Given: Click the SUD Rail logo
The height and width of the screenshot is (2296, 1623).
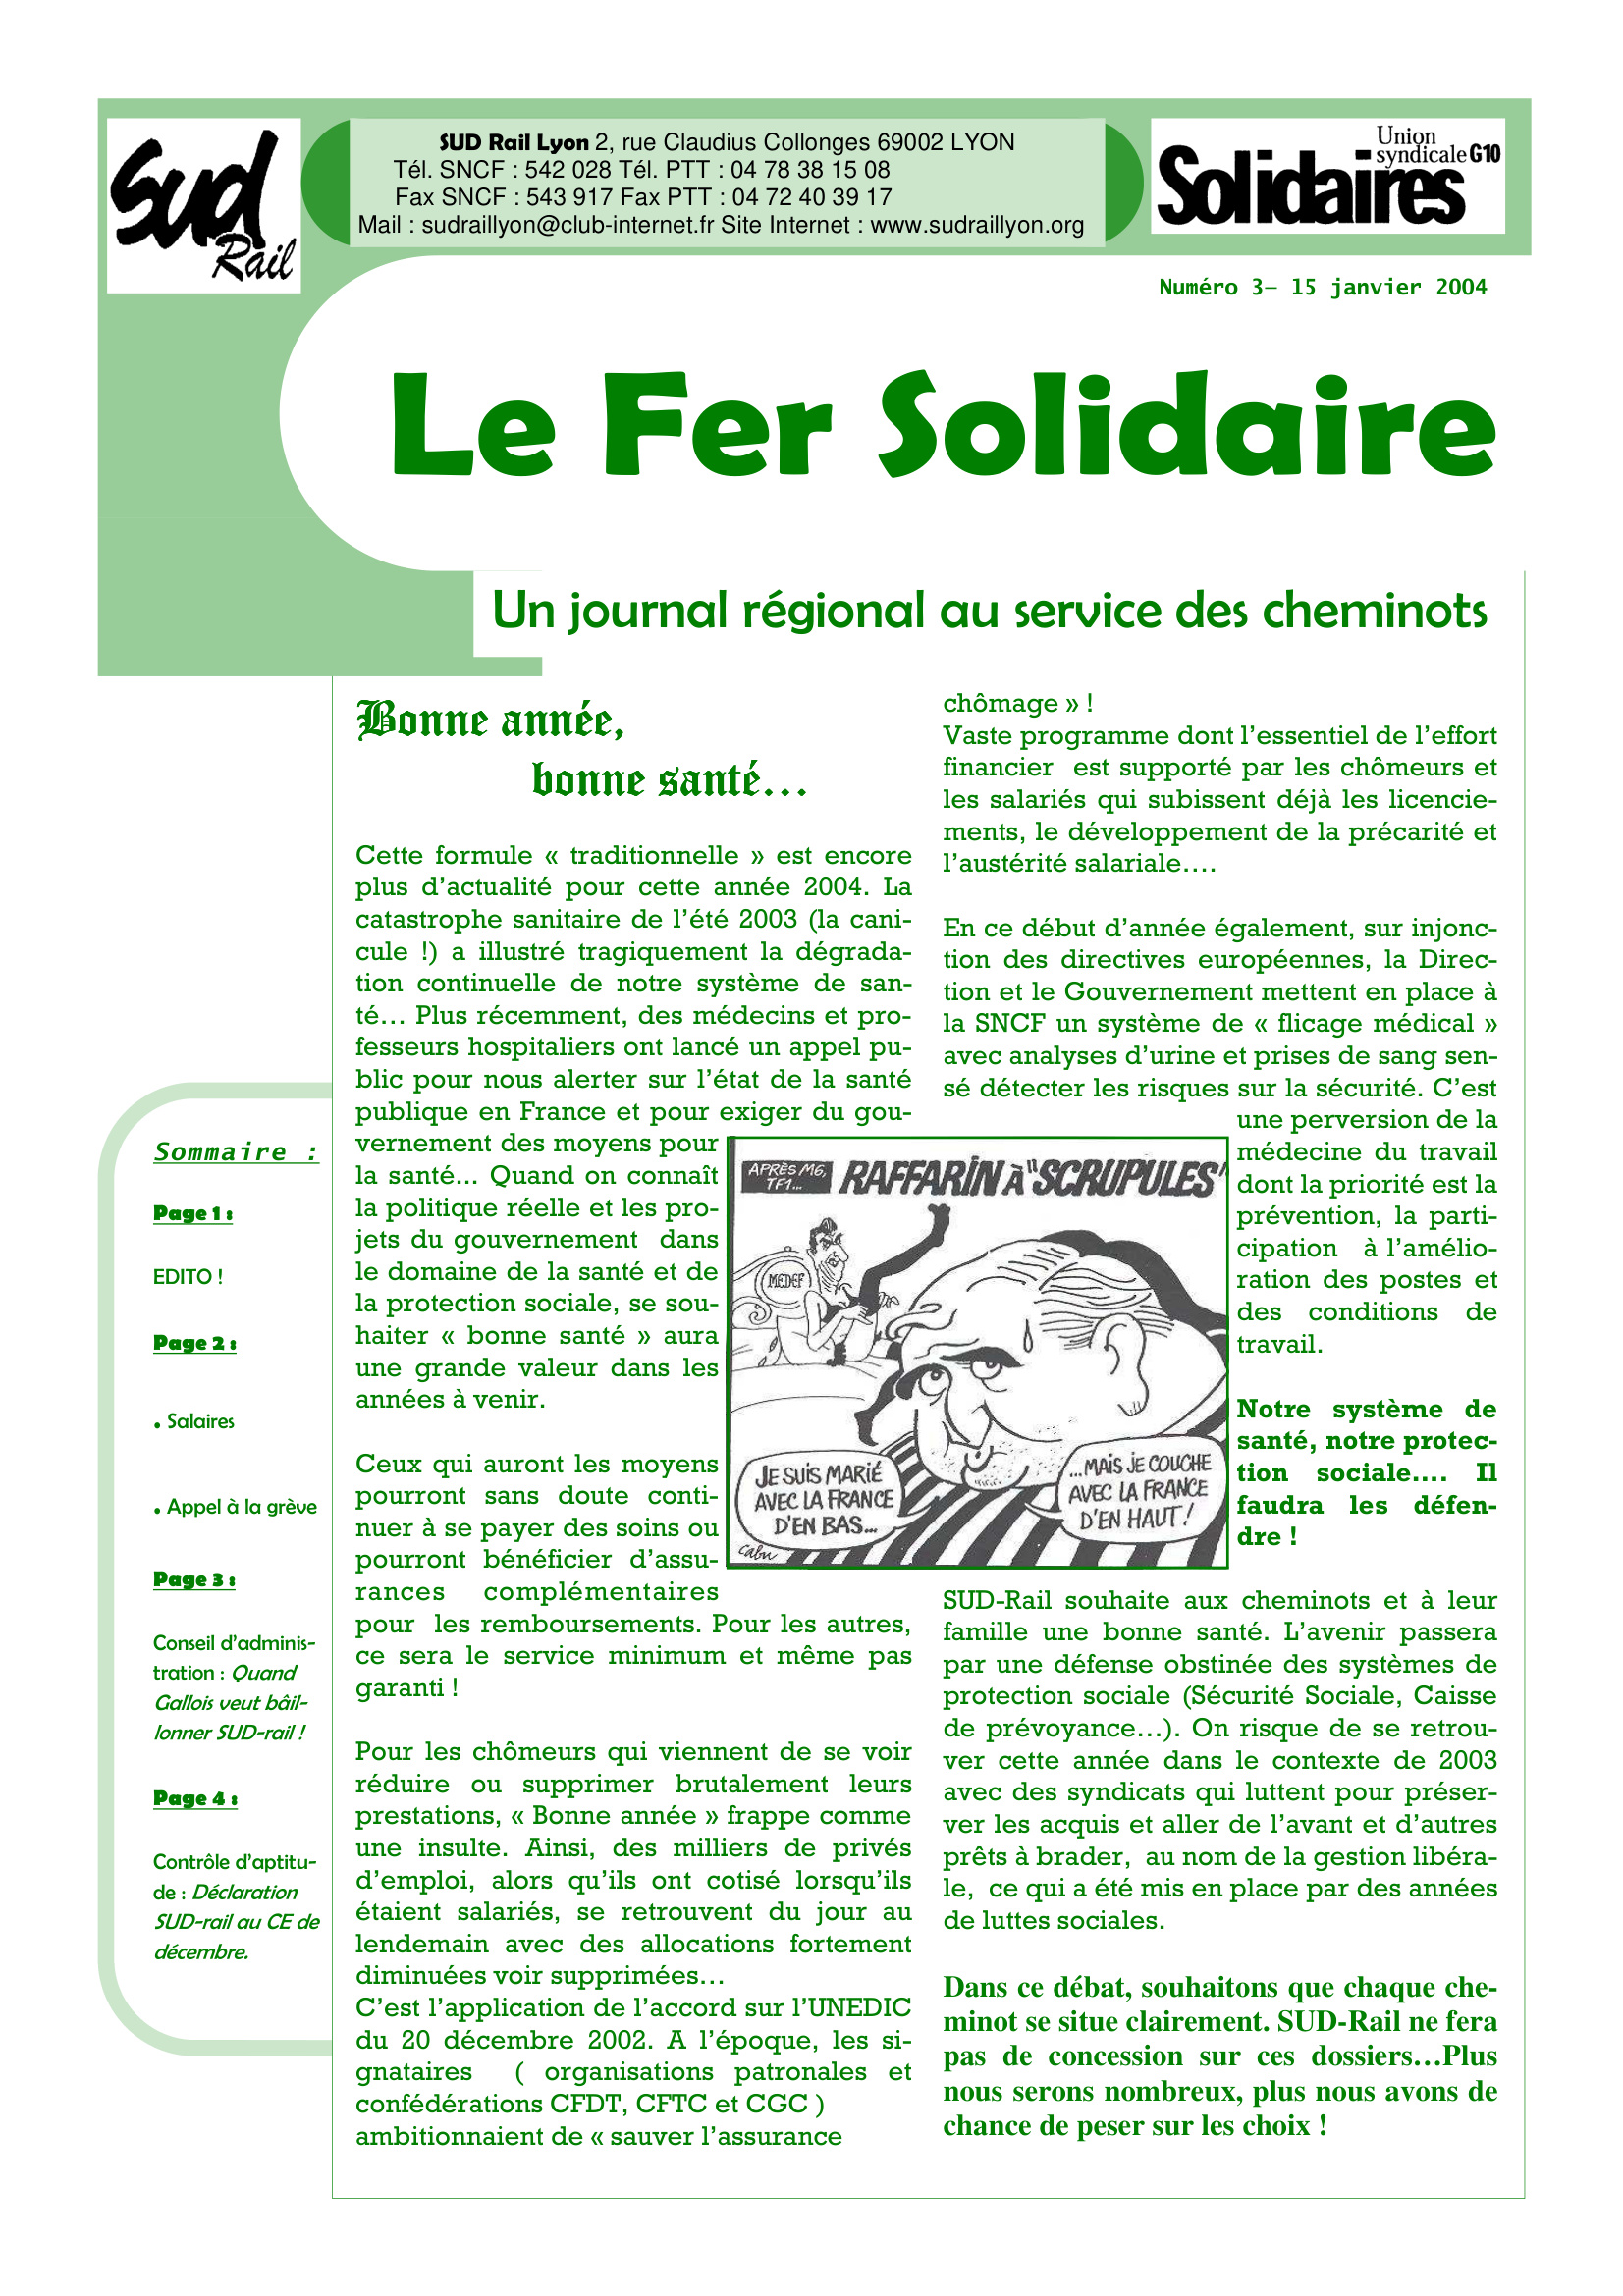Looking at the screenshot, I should click(x=203, y=206).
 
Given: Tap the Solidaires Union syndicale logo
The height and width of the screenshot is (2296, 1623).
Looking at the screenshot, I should click(x=1327, y=176).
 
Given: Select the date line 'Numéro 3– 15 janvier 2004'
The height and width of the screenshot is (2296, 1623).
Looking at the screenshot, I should click(x=1322, y=288).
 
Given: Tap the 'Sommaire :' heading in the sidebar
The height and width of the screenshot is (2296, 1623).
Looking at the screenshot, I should click(x=236, y=1152).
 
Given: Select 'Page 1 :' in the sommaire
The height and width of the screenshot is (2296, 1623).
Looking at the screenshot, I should click(x=193, y=1213).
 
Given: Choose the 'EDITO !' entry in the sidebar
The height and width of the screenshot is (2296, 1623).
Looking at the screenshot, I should click(x=187, y=1277).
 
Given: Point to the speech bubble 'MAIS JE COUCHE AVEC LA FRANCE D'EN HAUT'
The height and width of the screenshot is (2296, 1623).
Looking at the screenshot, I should click(x=1140, y=1493).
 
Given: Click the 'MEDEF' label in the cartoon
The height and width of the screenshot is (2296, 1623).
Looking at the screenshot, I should click(x=786, y=1280).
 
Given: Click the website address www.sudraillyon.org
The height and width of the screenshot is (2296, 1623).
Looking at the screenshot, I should click(x=977, y=226).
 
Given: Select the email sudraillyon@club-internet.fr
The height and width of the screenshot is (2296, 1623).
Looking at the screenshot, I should click(x=567, y=226).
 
